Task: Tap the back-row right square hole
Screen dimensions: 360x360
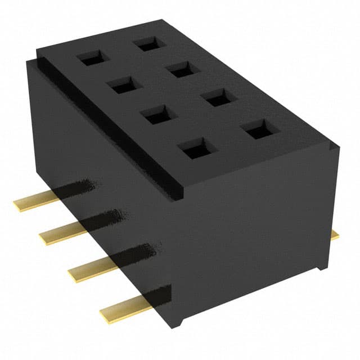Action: click(148, 43)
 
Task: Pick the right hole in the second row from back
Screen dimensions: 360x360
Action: click(182, 69)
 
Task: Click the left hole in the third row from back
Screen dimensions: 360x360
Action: click(155, 116)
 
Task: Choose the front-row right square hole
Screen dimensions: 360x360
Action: click(256, 130)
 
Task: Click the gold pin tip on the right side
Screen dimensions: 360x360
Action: click(335, 235)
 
